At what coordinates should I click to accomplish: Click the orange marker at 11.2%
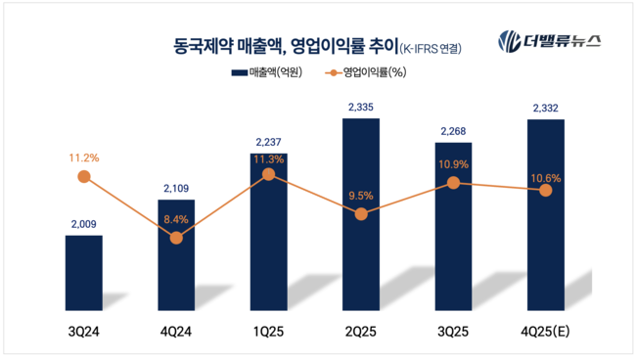pos(83,176)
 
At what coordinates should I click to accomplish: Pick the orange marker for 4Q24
pos(176,237)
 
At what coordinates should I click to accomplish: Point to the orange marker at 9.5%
pos(361,213)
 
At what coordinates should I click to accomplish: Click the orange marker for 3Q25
pos(454,183)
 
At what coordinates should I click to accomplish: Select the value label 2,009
pos(83,224)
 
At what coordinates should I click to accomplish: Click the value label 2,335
pos(361,107)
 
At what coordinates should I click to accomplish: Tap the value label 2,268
pos(454,130)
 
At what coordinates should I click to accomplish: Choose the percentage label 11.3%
pos(268,158)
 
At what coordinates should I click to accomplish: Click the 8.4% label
pos(176,221)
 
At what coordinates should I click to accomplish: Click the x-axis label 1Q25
pos(268,333)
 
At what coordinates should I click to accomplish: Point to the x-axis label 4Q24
pos(176,333)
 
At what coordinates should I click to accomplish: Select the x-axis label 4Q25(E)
pos(546,333)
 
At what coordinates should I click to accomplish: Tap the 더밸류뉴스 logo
pos(550,41)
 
